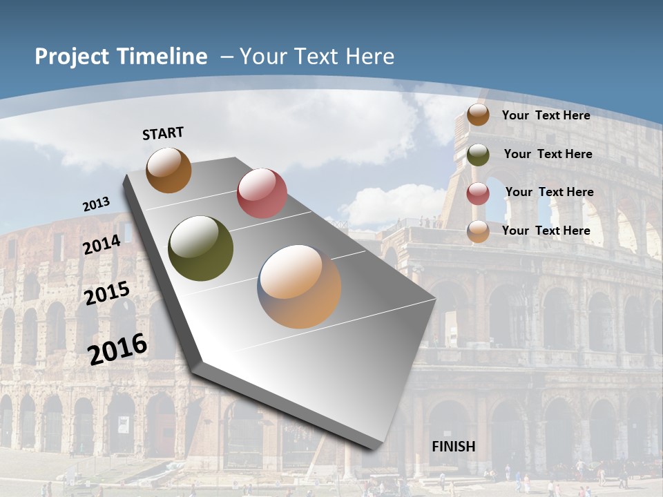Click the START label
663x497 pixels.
point(163,133)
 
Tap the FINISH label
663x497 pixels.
point(453,447)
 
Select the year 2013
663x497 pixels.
point(96,204)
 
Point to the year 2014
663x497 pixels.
point(102,245)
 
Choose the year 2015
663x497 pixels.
point(107,293)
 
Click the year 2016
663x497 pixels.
point(117,349)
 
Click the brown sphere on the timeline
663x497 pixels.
point(169,170)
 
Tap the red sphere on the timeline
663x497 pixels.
point(262,193)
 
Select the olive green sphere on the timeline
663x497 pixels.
point(201,248)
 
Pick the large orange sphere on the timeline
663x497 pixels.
point(299,286)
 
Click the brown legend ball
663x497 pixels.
point(478,115)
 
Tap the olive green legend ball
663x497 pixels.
point(478,155)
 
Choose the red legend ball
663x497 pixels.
point(478,193)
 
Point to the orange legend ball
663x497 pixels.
point(478,232)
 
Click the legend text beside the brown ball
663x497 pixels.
point(546,115)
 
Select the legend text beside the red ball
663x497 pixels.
point(549,192)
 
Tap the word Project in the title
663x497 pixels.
point(69,57)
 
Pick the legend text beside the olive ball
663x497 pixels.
point(548,154)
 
